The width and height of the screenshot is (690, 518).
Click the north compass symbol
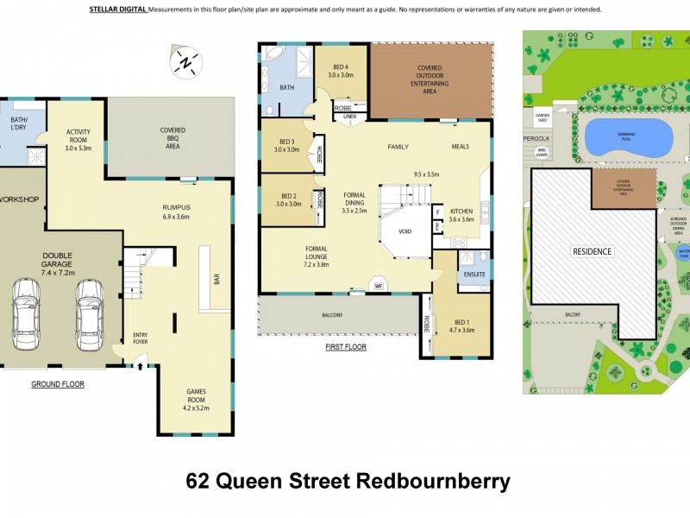(x=187, y=62)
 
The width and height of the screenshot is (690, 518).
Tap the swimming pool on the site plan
(x=628, y=136)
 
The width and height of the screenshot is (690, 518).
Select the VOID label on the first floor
(x=405, y=232)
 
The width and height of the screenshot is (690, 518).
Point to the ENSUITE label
(x=474, y=275)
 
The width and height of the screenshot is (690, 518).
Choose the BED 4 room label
(x=342, y=72)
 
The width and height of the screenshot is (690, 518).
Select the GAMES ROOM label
(x=197, y=395)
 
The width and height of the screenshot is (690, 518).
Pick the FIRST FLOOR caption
(x=346, y=347)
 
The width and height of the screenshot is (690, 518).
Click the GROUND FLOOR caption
(x=58, y=383)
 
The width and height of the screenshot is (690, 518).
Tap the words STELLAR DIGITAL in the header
(x=118, y=9)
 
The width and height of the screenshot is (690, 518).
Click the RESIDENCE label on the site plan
(x=592, y=252)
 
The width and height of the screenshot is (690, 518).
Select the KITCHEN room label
(x=461, y=215)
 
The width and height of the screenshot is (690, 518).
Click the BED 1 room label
(x=461, y=325)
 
